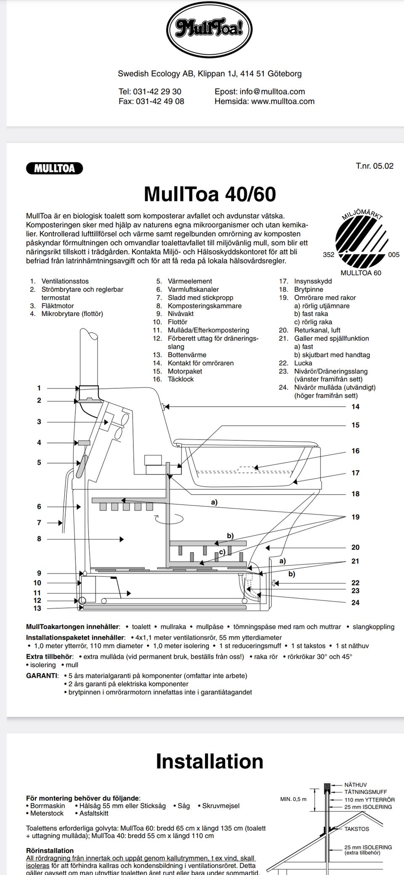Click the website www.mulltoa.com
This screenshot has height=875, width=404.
(x=283, y=101)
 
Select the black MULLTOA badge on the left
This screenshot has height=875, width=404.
(x=54, y=168)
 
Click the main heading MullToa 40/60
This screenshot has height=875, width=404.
(x=210, y=194)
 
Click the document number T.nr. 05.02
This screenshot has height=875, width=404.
(x=375, y=166)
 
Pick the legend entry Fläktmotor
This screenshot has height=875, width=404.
(x=57, y=306)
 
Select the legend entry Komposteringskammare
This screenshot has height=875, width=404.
(x=205, y=306)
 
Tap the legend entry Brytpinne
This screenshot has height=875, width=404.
(x=308, y=289)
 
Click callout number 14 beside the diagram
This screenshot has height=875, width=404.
(x=356, y=407)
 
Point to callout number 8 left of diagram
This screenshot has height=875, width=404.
(x=39, y=538)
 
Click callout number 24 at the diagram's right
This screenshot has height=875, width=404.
(x=356, y=603)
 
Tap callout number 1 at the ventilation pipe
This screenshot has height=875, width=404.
(x=39, y=388)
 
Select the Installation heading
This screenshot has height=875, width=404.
(x=210, y=761)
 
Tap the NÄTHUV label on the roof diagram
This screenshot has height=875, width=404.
(x=356, y=785)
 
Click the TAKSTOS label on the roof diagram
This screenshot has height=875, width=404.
(x=356, y=829)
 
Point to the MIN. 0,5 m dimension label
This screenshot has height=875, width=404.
(x=293, y=799)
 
